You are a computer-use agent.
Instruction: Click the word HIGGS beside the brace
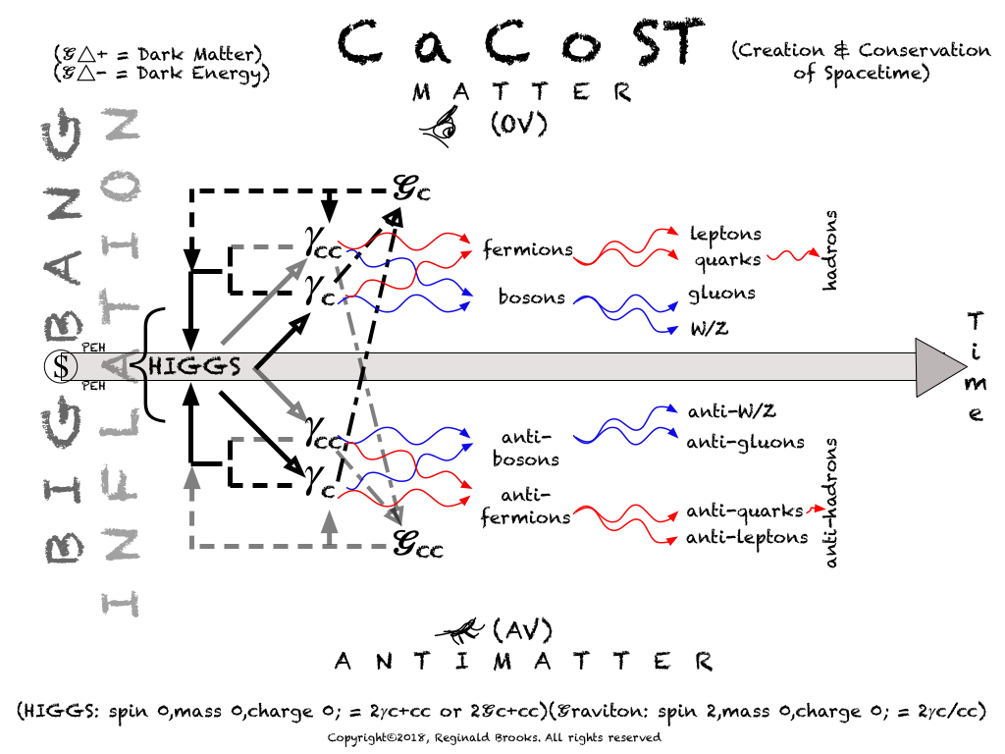click(x=195, y=367)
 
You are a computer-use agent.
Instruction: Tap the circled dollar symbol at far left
click(x=61, y=367)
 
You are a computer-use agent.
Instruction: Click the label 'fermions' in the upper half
click(x=527, y=249)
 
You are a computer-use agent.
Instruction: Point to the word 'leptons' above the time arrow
click(x=725, y=234)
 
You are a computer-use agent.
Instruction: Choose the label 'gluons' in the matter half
click(x=722, y=293)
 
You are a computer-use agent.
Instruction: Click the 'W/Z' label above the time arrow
click(x=710, y=329)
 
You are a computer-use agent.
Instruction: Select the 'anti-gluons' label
click(x=745, y=442)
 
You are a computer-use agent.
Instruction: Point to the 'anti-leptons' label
click(x=747, y=537)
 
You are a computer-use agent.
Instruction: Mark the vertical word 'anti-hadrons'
click(x=831, y=503)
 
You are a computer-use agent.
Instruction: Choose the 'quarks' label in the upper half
click(x=727, y=260)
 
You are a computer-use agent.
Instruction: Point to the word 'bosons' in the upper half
click(x=531, y=296)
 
